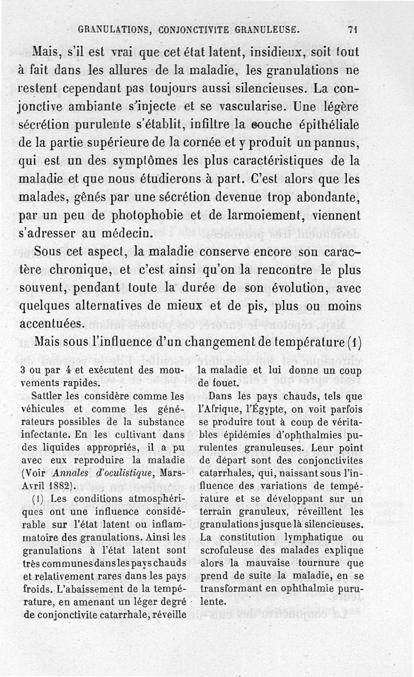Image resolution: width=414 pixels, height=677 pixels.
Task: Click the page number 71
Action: click(354, 30)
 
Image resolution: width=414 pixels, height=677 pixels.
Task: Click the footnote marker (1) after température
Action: click(353, 343)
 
